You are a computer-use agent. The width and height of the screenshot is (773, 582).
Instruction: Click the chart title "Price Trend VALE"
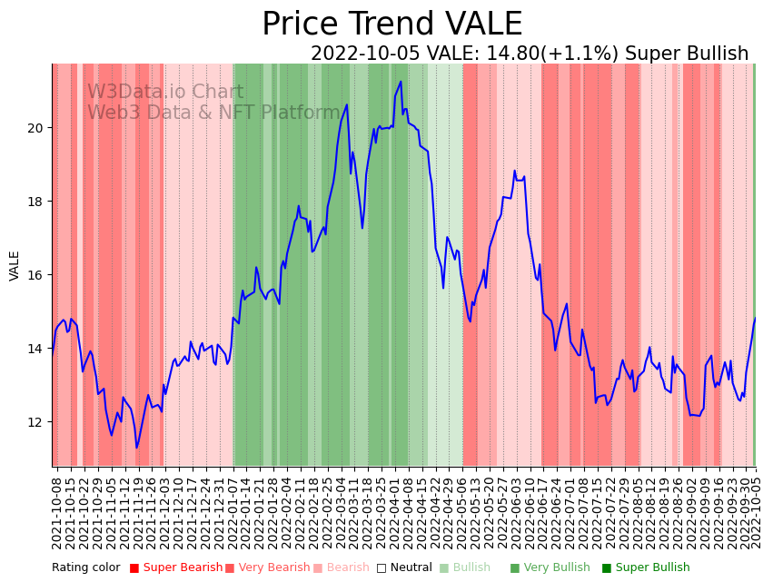click(x=391, y=25)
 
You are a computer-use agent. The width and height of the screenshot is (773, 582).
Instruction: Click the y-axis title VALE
click(x=15, y=266)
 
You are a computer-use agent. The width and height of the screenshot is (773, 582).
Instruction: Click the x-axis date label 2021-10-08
click(x=57, y=508)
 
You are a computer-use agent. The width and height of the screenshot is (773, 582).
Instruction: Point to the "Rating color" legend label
click(x=85, y=568)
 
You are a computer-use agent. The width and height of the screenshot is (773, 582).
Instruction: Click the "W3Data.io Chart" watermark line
click(x=165, y=93)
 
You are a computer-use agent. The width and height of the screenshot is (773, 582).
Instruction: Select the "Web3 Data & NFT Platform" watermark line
click(x=213, y=113)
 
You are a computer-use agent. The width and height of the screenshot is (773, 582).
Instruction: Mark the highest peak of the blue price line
click(x=401, y=82)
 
